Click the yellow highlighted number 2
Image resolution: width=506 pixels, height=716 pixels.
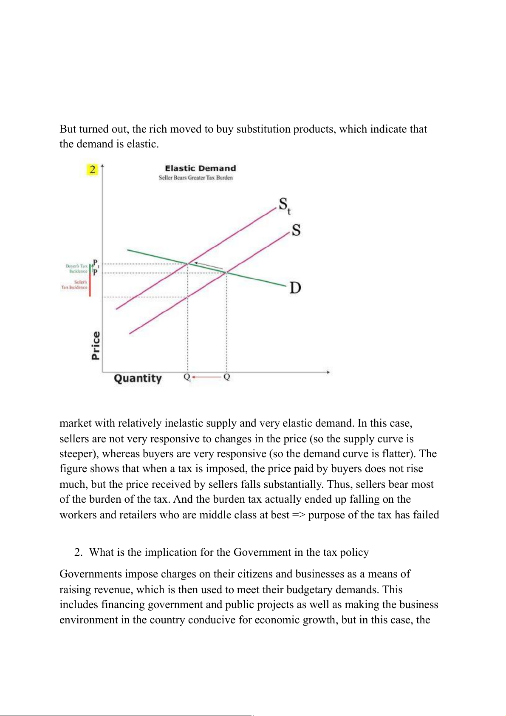(x=92, y=170)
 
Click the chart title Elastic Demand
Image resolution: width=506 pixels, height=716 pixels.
(x=200, y=168)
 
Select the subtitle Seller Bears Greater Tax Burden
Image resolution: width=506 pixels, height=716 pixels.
(x=195, y=178)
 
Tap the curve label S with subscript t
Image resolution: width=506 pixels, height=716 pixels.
(x=284, y=205)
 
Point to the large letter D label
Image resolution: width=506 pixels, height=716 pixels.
(x=295, y=288)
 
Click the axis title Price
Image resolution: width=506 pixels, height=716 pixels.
(x=96, y=345)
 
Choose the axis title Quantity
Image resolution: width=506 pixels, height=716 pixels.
(x=138, y=378)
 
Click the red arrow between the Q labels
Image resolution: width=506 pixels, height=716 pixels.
(x=207, y=377)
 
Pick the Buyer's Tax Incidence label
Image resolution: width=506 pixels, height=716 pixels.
(x=76, y=269)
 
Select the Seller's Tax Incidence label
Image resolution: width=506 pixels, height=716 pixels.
(x=75, y=285)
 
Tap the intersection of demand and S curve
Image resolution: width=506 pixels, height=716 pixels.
(x=226, y=272)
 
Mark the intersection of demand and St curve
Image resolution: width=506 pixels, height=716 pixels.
(x=188, y=264)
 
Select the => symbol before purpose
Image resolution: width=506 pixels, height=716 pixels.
(x=299, y=515)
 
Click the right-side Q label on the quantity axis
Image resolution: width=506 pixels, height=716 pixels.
(x=226, y=377)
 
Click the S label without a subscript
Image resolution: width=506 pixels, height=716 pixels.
(x=296, y=230)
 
